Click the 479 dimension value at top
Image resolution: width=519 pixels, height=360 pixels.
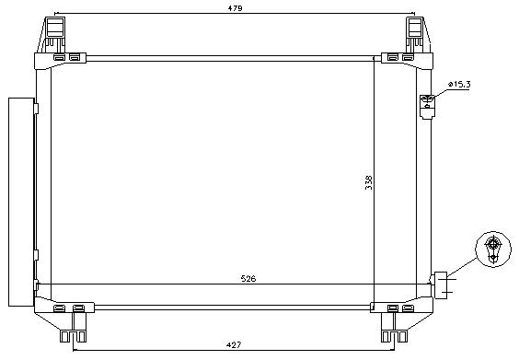point(235,8)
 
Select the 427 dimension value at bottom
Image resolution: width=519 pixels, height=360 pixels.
point(234,345)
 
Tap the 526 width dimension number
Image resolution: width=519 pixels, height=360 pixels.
point(248,279)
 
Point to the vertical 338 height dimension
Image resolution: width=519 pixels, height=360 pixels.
point(369,182)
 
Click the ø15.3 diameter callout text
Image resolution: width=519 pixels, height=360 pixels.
point(459,85)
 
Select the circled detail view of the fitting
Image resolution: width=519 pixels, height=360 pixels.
point(493,250)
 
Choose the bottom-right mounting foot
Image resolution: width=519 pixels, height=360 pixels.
point(394,327)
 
